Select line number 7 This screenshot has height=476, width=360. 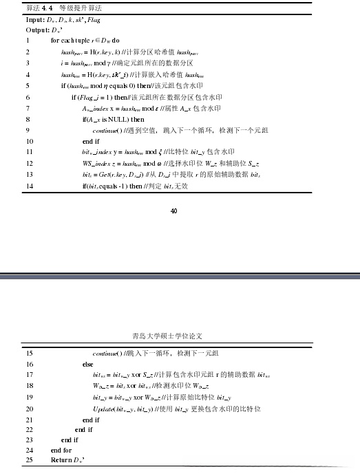pos(27,108)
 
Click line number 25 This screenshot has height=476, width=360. pos(28,459)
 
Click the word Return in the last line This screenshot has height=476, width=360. pos(61,459)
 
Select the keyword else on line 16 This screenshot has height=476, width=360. pos(87,364)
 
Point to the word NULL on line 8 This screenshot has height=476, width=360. pos(115,119)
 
